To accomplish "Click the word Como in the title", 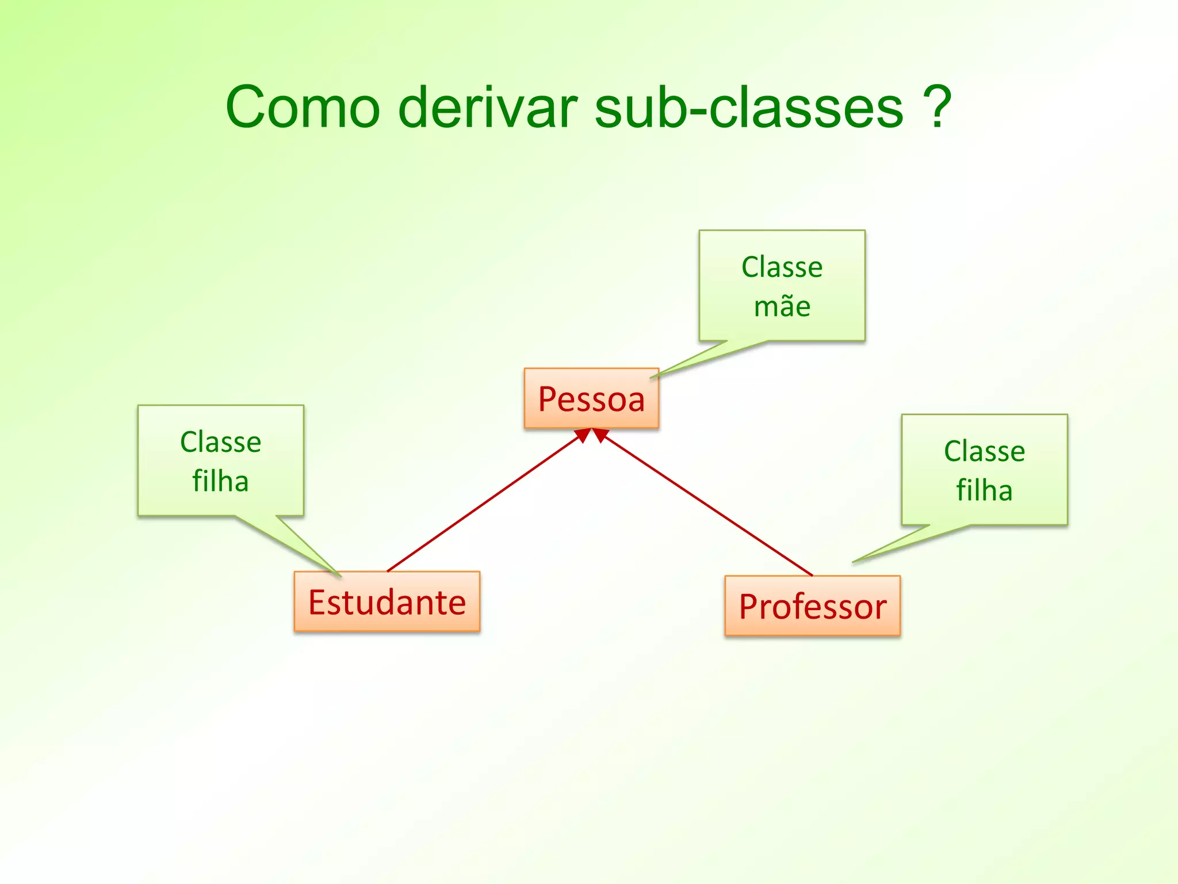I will coord(303,108).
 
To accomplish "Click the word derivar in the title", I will coord(488,108).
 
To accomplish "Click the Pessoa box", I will coord(591,399).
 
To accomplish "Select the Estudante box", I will coord(387,602).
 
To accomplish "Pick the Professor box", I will coord(812,606).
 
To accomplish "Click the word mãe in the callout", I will coord(782,306).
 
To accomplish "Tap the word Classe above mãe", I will coord(782,267).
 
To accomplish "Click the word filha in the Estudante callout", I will coord(220,481).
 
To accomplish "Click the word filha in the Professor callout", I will coord(984,490).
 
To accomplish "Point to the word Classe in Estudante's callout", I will coord(220,442).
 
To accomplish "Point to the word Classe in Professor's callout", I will coord(984,451).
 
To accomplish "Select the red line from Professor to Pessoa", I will coord(707,506).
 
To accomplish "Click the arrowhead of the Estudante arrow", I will coord(583,435).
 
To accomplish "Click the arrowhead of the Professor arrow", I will coord(600,435).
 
